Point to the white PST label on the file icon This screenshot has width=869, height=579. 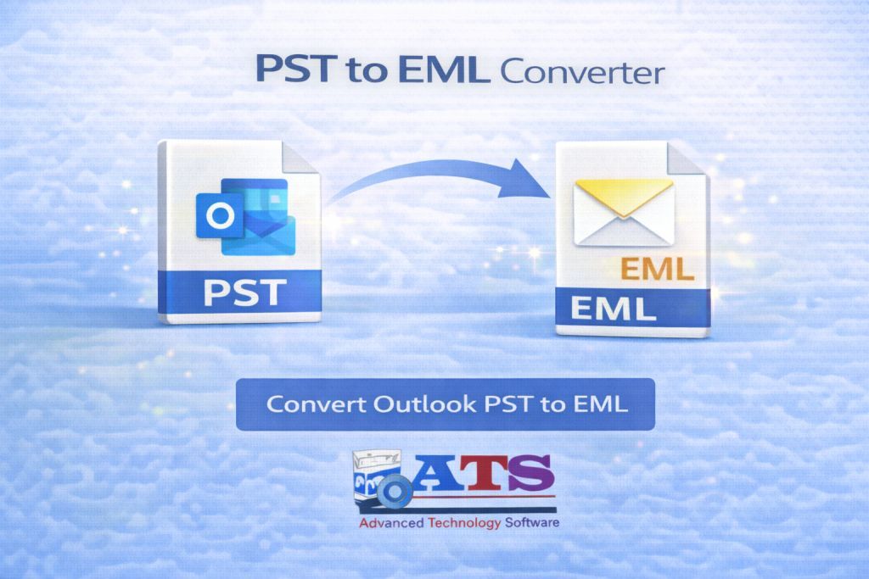click(243, 293)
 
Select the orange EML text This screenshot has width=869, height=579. click(657, 271)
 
